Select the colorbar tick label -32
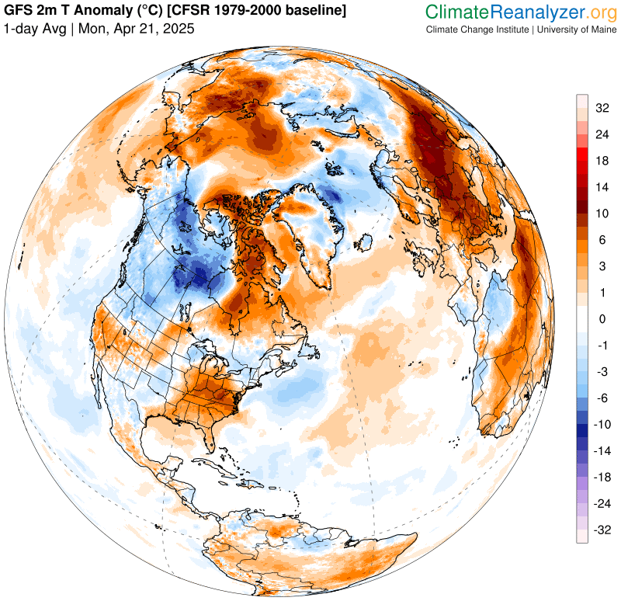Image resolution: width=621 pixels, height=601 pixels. click(600, 530)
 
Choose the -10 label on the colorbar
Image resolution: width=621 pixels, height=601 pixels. click(600, 425)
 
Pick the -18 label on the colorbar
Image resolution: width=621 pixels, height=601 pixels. click(600, 478)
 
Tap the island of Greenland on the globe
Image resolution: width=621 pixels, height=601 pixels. click(310, 233)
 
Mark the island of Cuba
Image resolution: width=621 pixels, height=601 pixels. click(233, 474)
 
